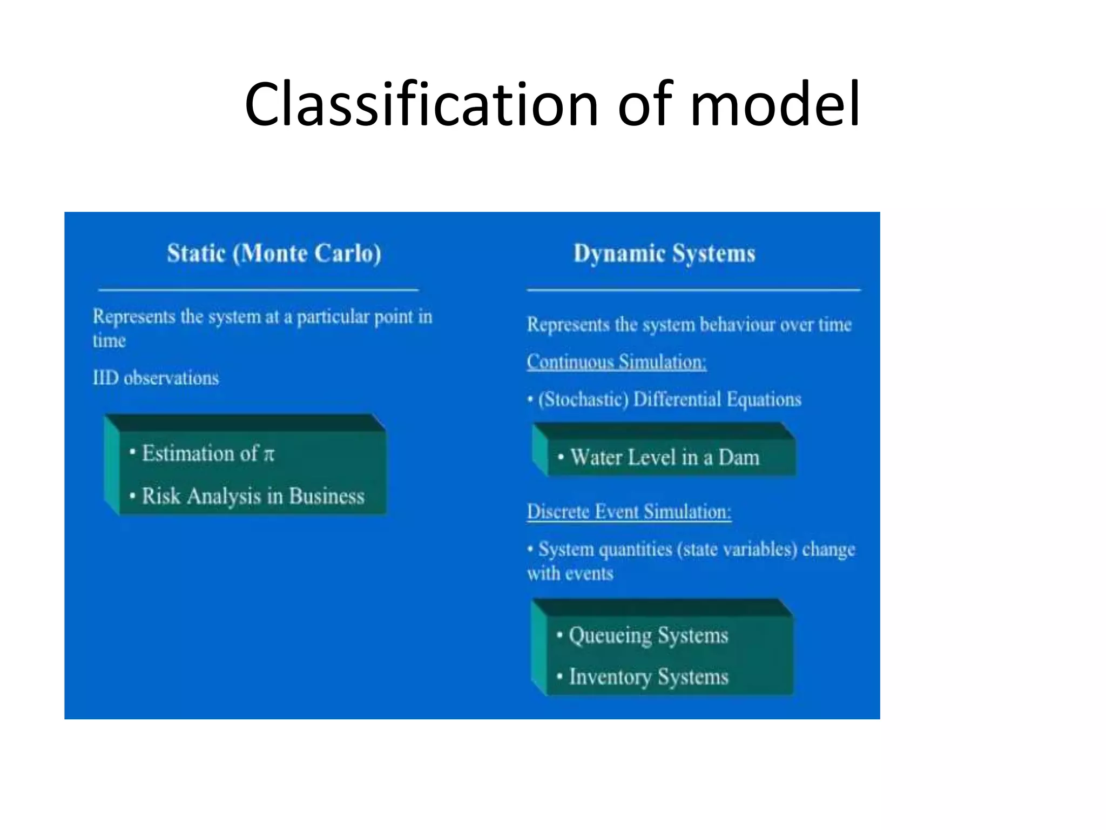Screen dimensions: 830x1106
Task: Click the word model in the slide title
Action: tap(775, 104)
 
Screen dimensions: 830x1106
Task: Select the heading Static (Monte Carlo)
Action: tap(274, 253)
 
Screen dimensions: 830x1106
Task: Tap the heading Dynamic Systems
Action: tap(664, 253)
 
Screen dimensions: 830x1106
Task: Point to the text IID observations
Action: tap(156, 378)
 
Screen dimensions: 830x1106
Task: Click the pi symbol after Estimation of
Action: tap(269, 454)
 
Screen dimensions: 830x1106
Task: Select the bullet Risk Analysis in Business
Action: tap(253, 496)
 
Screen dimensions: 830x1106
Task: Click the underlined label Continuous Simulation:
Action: tap(616, 362)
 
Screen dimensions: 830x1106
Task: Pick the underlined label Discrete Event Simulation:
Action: tap(629, 511)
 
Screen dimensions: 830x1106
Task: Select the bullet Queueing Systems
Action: tap(648, 635)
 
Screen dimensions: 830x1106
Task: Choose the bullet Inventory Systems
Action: tap(648, 677)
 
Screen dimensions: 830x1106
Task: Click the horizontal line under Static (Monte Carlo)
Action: tap(258, 290)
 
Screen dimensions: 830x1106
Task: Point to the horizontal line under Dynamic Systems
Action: tap(693, 290)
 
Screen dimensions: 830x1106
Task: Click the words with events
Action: tap(570, 573)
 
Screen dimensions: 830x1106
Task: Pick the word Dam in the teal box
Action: tap(739, 458)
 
